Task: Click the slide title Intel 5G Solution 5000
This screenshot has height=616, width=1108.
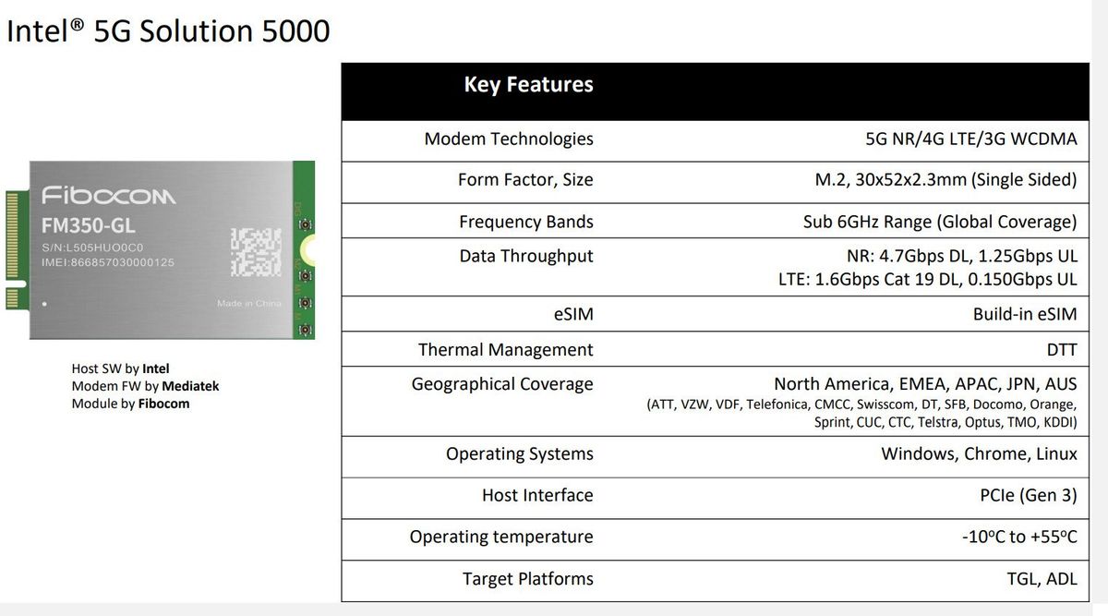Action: (x=168, y=30)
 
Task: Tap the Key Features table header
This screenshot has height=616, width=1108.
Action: (x=528, y=85)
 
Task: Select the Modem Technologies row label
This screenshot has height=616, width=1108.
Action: (x=509, y=139)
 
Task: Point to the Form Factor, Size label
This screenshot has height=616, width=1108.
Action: (x=525, y=180)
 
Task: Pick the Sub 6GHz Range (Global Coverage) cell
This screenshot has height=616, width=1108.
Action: (x=940, y=222)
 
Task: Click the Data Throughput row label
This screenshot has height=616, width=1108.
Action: (x=526, y=256)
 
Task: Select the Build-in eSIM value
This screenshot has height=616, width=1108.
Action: (x=1025, y=314)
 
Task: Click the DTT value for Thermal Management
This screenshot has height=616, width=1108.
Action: (x=1060, y=350)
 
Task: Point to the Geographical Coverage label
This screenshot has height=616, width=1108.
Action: (x=502, y=384)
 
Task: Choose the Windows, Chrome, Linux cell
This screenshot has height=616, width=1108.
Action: (x=979, y=453)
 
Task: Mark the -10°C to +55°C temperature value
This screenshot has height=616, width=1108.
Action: (x=1019, y=537)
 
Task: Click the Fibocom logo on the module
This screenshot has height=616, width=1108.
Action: (x=109, y=196)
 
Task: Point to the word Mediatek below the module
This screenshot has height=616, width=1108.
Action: (x=190, y=386)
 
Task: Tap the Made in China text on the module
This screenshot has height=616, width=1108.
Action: (x=248, y=303)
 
